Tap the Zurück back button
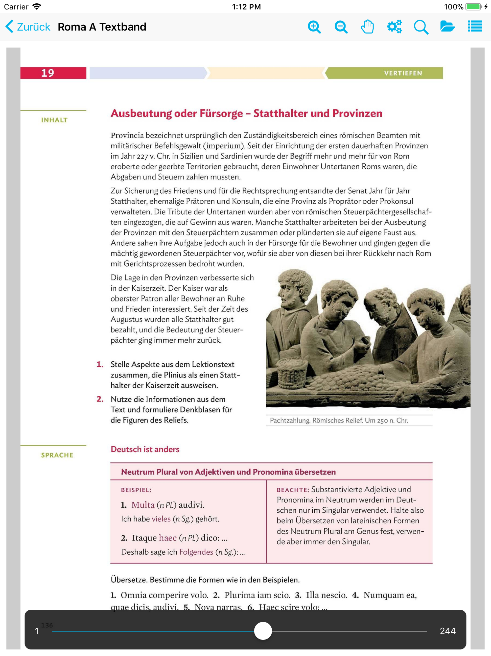(28, 27)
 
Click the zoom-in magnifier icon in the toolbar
(314, 27)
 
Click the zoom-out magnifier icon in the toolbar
(341, 27)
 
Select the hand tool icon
(367, 27)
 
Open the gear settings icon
(394, 27)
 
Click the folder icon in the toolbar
(447, 27)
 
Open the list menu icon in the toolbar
(475, 26)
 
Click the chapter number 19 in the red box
(48, 73)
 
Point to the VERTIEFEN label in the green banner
(403, 73)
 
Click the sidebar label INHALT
(54, 120)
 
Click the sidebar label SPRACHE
(57, 455)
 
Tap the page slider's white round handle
(263, 631)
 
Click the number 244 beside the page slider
(447, 631)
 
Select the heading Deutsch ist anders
(145, 449)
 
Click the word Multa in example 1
(143, 505)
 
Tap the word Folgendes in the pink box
(196, 552)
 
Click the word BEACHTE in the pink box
(292, 490)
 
